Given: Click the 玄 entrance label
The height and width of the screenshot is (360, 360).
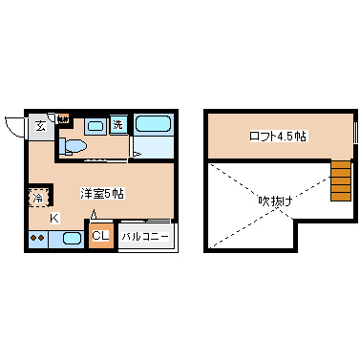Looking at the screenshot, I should (41, 126).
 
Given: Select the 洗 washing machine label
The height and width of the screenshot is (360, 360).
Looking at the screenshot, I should (118, 124).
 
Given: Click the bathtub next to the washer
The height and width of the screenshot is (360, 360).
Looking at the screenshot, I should (152, 123).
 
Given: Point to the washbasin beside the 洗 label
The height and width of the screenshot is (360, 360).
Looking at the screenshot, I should (96, 125).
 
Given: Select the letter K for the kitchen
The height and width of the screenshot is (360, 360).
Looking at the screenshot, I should (54, 218).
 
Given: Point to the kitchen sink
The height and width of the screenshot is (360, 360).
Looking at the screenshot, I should (71, 238).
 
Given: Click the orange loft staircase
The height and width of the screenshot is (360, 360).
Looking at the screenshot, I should (341, 180).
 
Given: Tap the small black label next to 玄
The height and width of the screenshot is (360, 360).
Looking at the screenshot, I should (62, 119).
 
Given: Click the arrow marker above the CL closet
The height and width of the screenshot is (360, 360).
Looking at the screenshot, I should (94, 213).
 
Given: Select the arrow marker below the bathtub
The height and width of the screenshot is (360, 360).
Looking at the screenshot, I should (136, 151).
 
